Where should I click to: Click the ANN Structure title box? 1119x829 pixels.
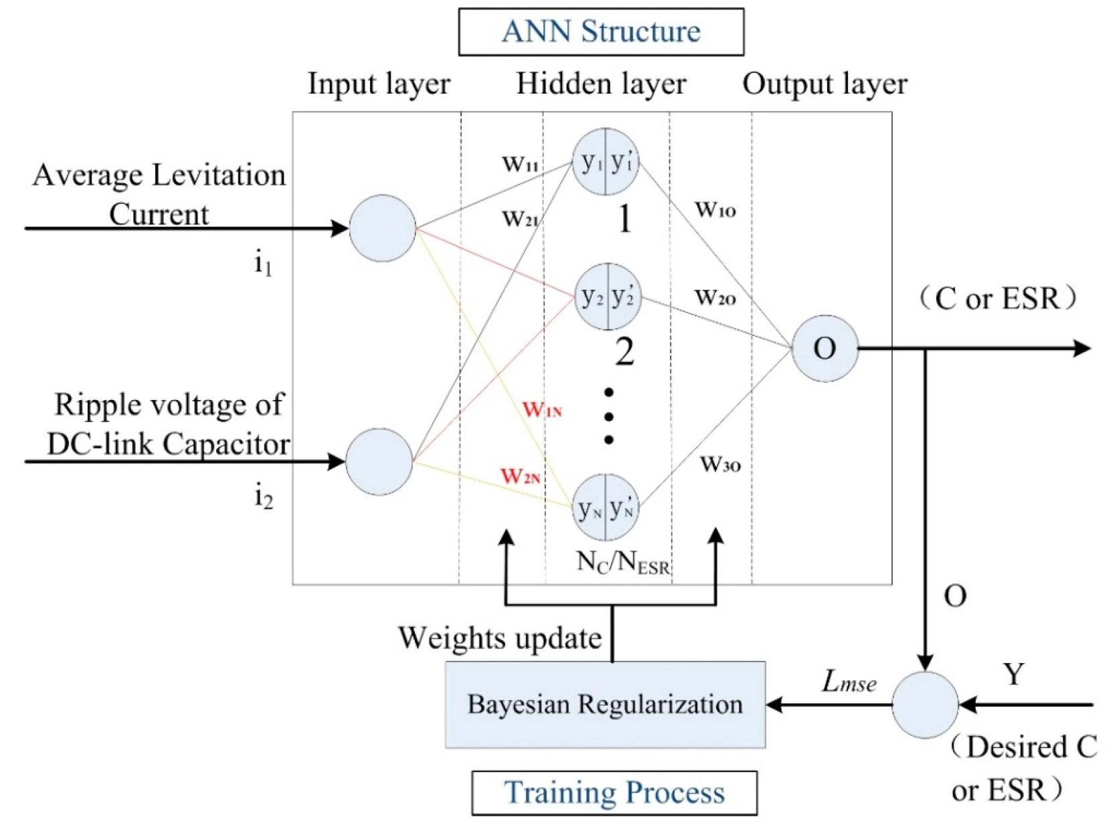(x=600, y=31)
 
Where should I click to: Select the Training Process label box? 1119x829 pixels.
(x=614, y=793)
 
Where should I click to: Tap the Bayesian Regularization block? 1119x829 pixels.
(x=605, y=705)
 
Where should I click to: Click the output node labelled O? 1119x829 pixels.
(x=825, y=349)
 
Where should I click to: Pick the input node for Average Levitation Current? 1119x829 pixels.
(x=382, y=228)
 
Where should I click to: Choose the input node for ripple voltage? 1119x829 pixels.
(x=379, y=462)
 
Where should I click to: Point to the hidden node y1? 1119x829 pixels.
(x=606, y=162)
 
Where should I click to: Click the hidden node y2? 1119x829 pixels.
(x=608, y=296)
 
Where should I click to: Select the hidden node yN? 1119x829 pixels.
(x=606, y=508)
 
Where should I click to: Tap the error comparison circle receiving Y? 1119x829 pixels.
(x=925, y=705)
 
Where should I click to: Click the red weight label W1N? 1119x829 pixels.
(x=542, y=409)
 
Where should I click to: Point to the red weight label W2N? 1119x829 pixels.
(x=521, y=476)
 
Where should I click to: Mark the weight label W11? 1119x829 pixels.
(x=520, y=163)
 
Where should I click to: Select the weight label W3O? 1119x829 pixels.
(x=720, y=464)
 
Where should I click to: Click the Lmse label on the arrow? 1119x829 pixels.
(x=849, y=682)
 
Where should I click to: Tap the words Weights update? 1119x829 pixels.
(x=500, y=638)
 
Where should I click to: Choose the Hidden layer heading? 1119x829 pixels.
(x=601, y=84)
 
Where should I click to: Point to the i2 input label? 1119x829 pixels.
(x=264, y=497)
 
